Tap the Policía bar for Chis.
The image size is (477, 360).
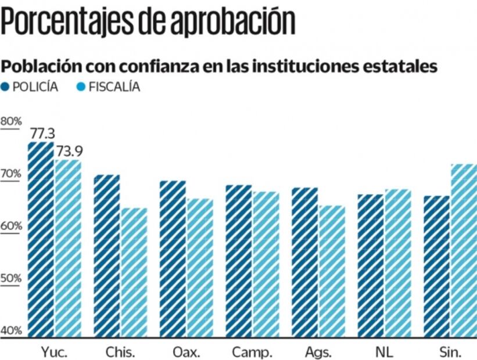107,255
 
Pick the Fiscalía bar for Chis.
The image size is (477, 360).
134,272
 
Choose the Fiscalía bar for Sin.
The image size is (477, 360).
464,250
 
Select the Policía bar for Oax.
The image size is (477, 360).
173,258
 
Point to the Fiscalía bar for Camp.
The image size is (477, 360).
266,264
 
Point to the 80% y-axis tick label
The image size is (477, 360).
11,121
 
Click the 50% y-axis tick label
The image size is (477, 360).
11,278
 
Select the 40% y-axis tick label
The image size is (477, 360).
11,330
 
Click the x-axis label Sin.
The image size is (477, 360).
450,352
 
